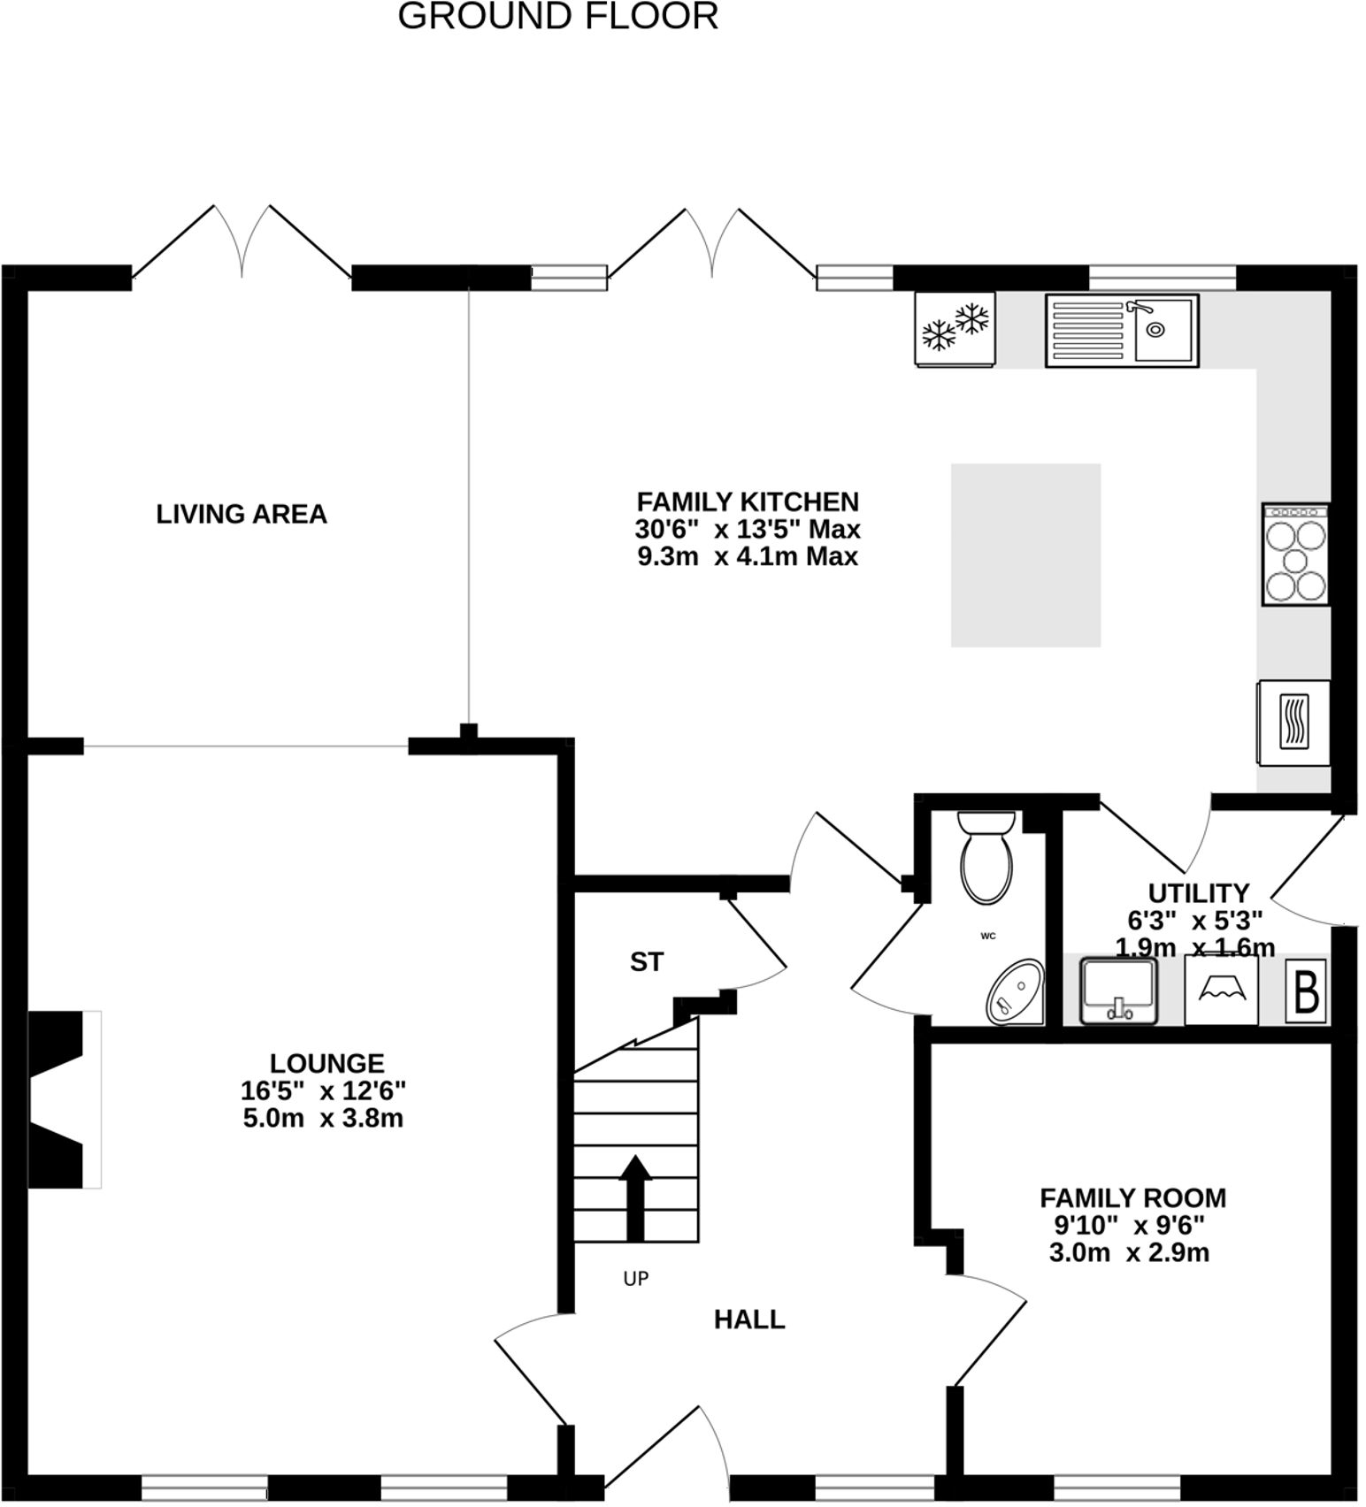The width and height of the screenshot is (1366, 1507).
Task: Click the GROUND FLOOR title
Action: coord(557,17)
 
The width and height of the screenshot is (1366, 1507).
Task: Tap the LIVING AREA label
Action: coord(242,514)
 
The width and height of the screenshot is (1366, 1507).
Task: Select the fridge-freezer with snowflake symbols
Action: coord(955,328)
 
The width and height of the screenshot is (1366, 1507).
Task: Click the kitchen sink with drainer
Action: coord(1122,330)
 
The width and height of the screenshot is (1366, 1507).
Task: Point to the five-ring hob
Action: coord(1296,555)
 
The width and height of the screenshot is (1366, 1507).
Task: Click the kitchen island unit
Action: coord(1025,555)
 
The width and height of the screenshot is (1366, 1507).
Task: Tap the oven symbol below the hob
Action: coord(1293,722)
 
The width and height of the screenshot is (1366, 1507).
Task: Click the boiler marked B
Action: coord(1306,991)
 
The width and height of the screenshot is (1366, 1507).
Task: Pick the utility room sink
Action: coord(1117,991)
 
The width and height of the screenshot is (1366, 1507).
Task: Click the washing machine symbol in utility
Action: coord(1221,991)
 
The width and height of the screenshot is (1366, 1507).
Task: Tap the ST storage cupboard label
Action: coord(646,961)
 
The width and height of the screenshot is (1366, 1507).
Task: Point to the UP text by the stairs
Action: coord(635,1278)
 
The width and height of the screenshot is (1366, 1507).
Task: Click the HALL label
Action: coord(748,1320)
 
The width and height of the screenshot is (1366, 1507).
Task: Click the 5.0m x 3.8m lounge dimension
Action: coord(323,1119)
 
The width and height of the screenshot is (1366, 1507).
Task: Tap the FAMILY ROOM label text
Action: coord(1132,1198)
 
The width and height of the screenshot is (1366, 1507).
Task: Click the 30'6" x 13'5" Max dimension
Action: coord(748,530)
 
